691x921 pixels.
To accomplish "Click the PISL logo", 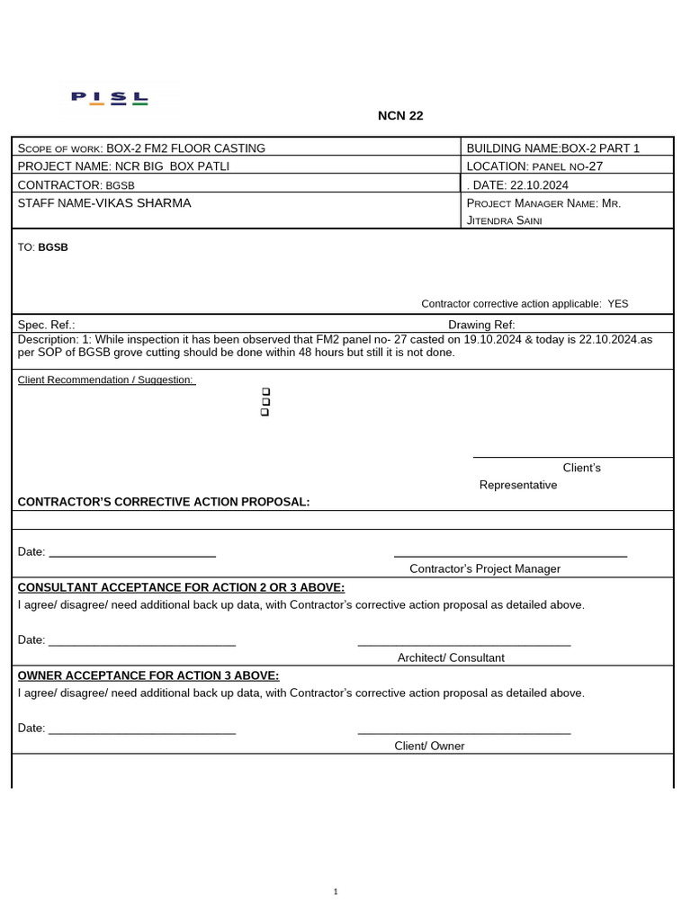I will point(110,98).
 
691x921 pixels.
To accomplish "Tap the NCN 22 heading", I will point(399,116).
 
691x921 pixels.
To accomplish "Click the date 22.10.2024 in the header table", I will point(539,185).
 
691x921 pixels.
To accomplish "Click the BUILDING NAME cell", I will point(552,148).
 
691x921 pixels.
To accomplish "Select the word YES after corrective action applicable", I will point(618,304).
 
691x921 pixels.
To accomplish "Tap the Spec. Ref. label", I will point(46,325).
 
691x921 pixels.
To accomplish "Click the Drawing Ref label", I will point(481,325).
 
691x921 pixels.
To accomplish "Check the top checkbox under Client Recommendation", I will point(265,392).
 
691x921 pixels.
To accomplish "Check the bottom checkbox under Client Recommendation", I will point(265,412).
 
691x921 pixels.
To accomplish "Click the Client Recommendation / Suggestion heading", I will point(106,380).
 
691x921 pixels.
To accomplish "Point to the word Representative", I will point(517,485).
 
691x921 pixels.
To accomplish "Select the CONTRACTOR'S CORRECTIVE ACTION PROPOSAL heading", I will point(163,502).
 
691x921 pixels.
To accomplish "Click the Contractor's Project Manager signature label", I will point(484,568).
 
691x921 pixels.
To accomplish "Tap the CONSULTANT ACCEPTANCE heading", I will point(181,588).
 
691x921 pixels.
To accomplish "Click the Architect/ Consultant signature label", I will point(451,657).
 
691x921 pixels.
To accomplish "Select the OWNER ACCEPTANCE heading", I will point(148,675).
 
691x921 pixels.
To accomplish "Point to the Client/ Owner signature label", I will point(429,746).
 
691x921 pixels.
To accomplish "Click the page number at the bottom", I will point(336,891).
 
